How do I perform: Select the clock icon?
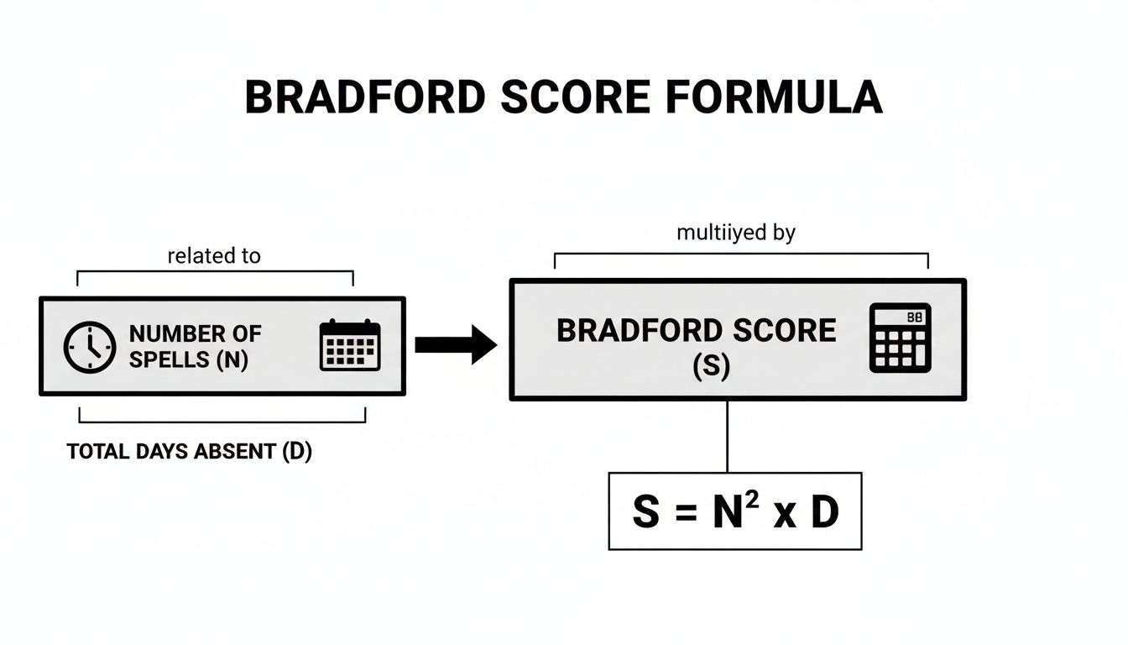coord(90,347)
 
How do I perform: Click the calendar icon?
coord(350,345)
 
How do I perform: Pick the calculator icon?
coord(900,338)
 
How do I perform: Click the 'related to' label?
coord(214,256)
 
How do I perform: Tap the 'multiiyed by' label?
coord(736,233)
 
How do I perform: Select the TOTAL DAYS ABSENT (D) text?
coord(189,452)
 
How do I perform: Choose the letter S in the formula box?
coord(645,511)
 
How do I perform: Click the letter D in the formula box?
coord(824,511)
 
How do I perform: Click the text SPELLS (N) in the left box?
coord(189,359)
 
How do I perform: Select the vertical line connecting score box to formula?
coord(727,436)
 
